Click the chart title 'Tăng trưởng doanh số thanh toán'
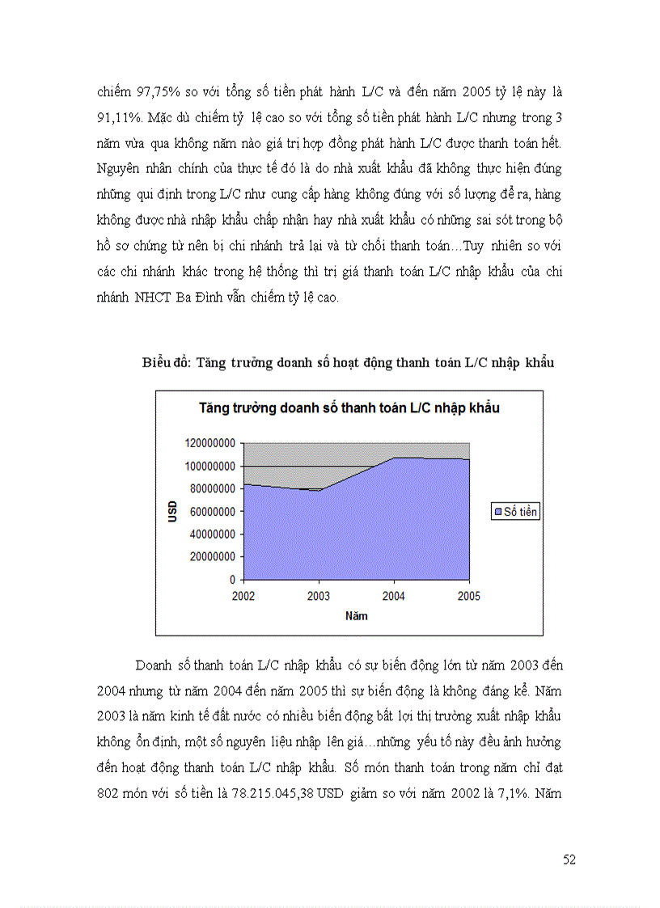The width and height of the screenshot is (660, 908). [x=349, y=408]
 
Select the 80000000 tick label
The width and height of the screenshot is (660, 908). [x=209, y=488]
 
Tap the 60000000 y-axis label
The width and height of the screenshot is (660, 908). [x=209, y=511]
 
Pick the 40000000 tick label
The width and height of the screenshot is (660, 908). [x=209, y=534]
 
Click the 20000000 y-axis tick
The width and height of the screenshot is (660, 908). [x=209, y=556]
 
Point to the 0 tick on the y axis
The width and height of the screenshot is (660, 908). [x=232, y=580]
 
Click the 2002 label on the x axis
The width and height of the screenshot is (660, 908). [x=243, y=597]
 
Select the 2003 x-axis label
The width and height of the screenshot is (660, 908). [x=319, y=597]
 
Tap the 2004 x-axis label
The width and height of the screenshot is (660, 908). [x=394, y=597]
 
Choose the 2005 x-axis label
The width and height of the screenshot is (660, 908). [x=469, y=597]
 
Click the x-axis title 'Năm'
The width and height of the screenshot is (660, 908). [x=356, y=616]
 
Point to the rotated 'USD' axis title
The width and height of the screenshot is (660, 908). [x=172, y=511]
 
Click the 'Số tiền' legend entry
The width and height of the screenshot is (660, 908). [x=515, y=512]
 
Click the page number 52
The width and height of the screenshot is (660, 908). [x=569, y=859]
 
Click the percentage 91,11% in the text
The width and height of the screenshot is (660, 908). [x=118, y=118]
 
